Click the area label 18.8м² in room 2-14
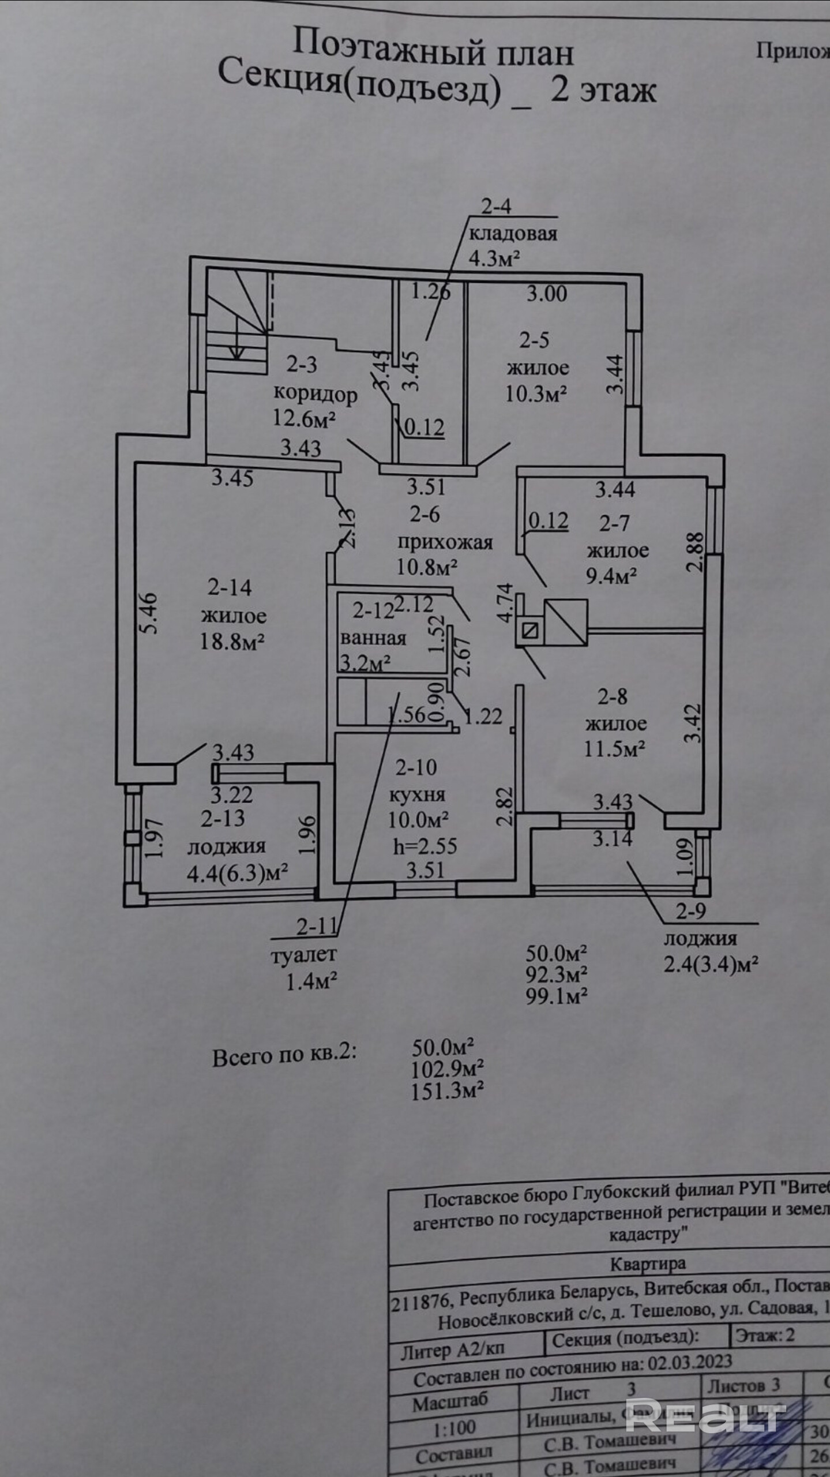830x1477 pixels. click(x=232, y=641)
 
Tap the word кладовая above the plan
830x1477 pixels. click(x=513, y=233)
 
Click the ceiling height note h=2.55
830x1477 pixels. click(x=425, y=846)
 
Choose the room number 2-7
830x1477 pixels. click(x=614, y=523)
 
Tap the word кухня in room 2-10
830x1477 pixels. click(x=417, y=794)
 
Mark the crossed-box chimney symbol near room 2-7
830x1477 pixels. click(x=565, y=621)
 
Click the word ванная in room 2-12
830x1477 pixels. click(x=373, y=638)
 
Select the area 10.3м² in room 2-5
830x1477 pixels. click(x=536, y=394)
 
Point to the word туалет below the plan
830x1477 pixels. click(x=303, y=954)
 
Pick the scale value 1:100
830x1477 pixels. click(x=455, y=1428)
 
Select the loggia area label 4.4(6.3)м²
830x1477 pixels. click(x=237, y=873)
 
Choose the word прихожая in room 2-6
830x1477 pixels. click(x=445, y=542)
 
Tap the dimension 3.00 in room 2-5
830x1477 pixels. click(x=547, y=294)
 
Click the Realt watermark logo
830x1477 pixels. click(x=705, y=1415)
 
